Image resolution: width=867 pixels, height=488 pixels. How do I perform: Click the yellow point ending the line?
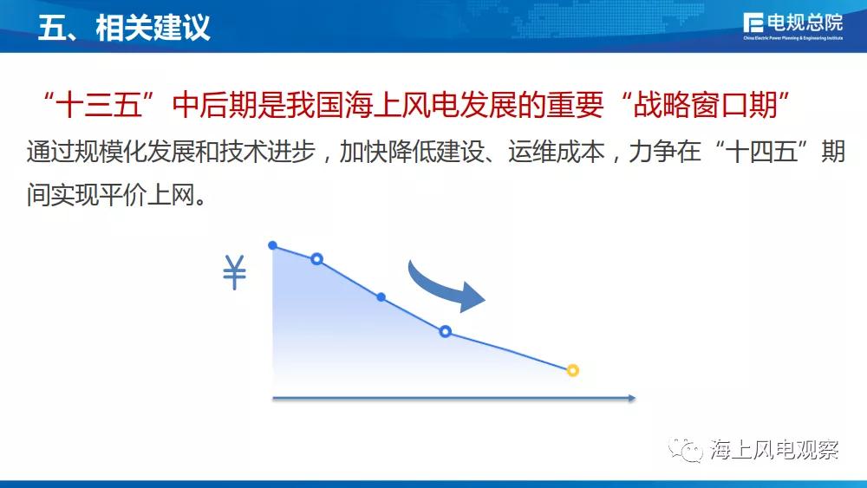click(573, 370)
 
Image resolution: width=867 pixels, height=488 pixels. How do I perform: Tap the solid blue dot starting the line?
click(272, 245)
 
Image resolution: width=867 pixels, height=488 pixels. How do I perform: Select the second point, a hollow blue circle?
click(316, 258)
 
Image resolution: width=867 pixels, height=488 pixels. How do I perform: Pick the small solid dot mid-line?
click(381, 297)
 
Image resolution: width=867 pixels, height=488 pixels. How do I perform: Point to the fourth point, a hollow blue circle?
click(445, 332)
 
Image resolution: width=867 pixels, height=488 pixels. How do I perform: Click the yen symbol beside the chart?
click(234, 272)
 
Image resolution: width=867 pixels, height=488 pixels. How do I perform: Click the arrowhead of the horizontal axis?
click(631, 398)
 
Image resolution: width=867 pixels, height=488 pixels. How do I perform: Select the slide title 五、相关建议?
click(124, 27)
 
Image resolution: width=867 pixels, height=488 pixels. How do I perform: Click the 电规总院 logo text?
click(805, 23)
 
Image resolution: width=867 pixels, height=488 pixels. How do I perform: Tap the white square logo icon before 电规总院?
click(753, 23)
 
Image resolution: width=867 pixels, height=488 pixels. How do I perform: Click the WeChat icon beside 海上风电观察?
click(686, 450)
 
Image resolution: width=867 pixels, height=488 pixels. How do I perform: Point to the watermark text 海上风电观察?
click(775, 450)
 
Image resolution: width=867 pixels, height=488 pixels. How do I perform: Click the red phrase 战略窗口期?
click(705, 105)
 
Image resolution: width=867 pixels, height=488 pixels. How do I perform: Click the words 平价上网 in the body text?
click(147, 194)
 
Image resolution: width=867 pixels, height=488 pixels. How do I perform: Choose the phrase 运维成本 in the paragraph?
click(557, 152)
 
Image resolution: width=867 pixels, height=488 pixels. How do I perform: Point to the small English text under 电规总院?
click(793, 38)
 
